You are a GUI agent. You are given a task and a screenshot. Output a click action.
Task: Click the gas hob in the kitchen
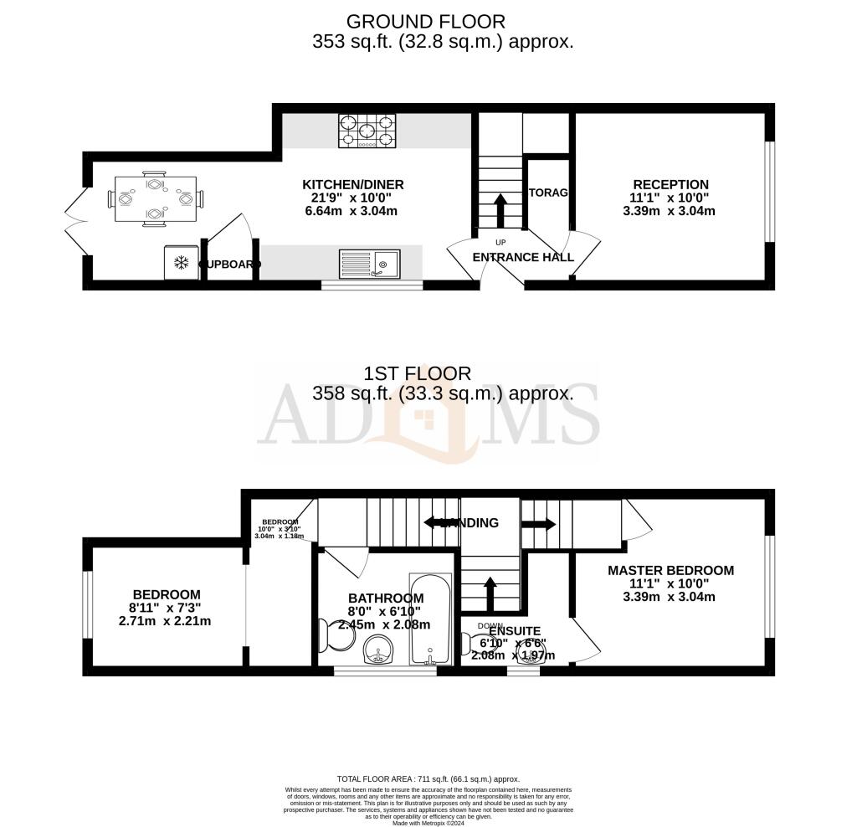(x=366, y=131)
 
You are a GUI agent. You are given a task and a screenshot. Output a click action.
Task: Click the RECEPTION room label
(x=670, y=185)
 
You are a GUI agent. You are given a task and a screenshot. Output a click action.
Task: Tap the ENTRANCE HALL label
(x=523, y=257)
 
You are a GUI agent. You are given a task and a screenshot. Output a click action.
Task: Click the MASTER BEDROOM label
(x=670, y=571)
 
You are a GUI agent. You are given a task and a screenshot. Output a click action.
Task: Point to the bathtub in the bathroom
(x=430, y=619)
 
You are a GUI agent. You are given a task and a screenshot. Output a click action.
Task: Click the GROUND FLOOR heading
(x=426, y=21)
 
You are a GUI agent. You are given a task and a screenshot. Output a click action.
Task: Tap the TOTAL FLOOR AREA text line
(x=428, y=778)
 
